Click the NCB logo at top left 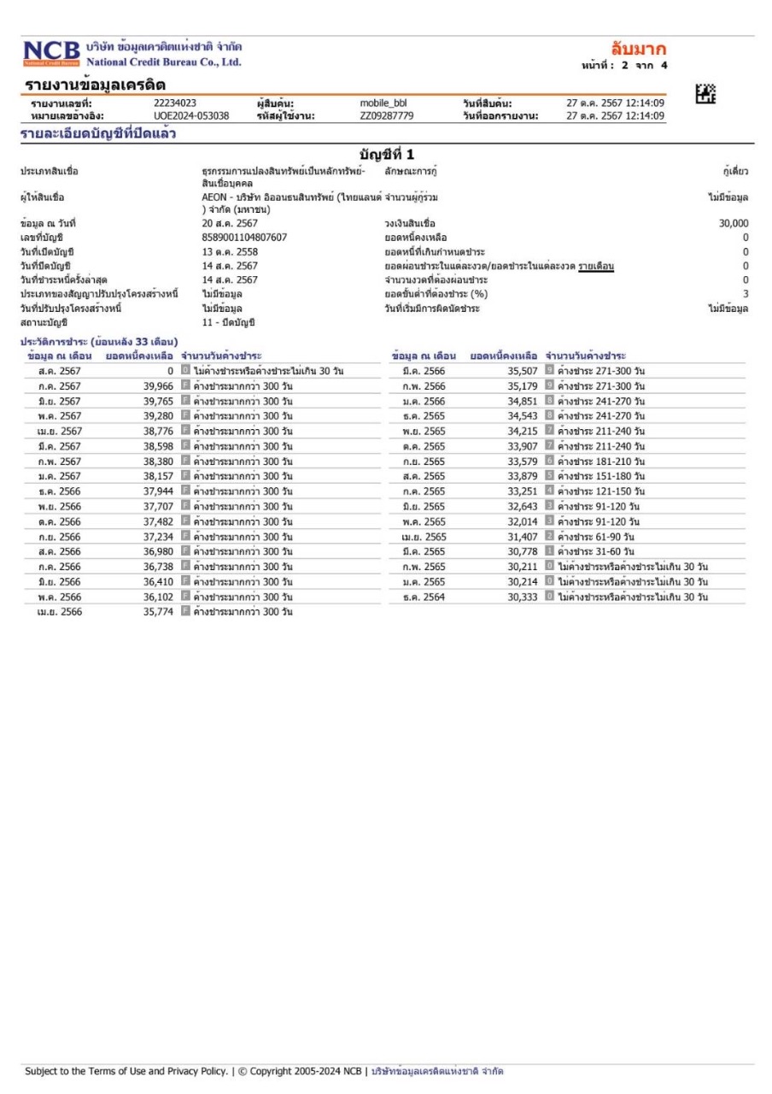coord(51,53)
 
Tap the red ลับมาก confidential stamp coord(639,49)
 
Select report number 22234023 coord(174,103)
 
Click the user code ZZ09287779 coord(387,115)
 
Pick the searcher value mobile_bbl coord(389,103)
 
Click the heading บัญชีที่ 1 coord(387,155)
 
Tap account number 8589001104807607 coord(244,237)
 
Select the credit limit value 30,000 coord(734,223)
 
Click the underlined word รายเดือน coord(596,266)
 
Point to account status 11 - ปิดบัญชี coord(228,322)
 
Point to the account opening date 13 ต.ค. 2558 coord(230,251)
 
